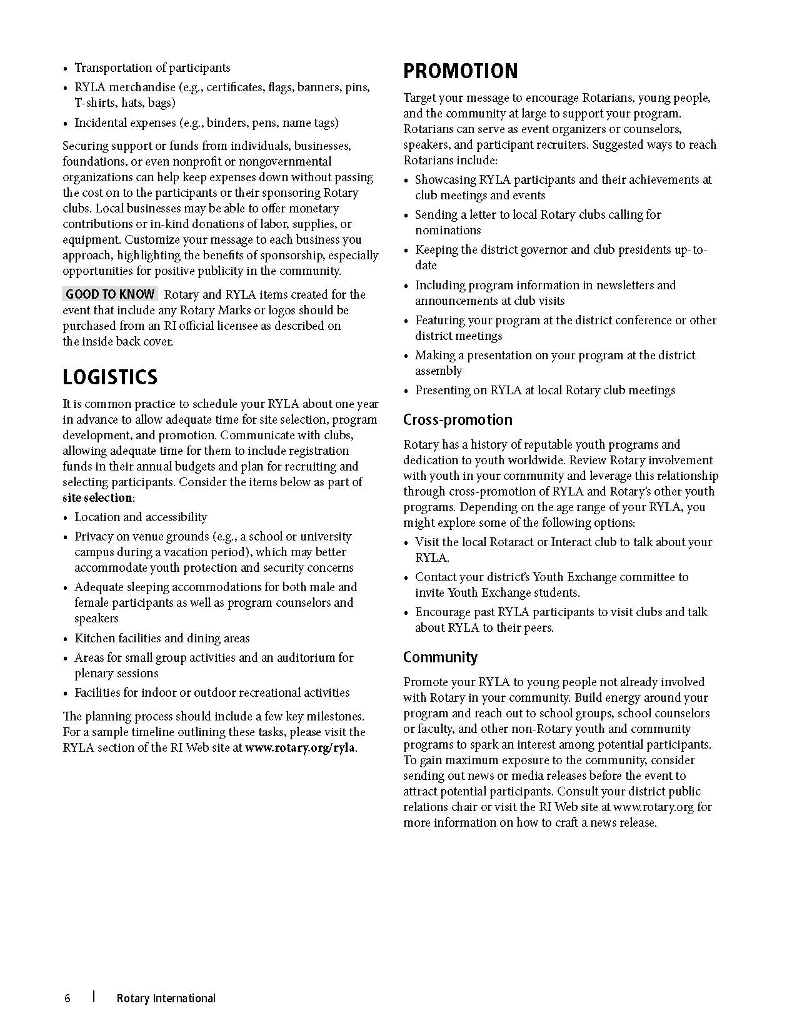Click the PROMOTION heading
[x=460, y=71]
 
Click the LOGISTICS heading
[x=110, y=377]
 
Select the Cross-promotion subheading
[x=458, y=420]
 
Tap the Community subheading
[x=440, y=657]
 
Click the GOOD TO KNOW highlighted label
[x=110, y=294]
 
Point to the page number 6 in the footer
[x=68, y=998]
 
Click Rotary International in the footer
[x=166, y=998]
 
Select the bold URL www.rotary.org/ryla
[x=301, y=748]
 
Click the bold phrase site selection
[x=98, y=498]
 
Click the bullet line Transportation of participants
[x=152, y=68]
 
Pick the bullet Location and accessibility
[x=141, y=517]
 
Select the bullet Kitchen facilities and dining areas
[x=162, y=639]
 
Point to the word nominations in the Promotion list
[x=448, y=231]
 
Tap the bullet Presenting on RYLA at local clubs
[x=545, y=391]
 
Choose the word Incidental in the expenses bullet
[x=102, y=123]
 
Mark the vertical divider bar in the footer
[x=94, y=997]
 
